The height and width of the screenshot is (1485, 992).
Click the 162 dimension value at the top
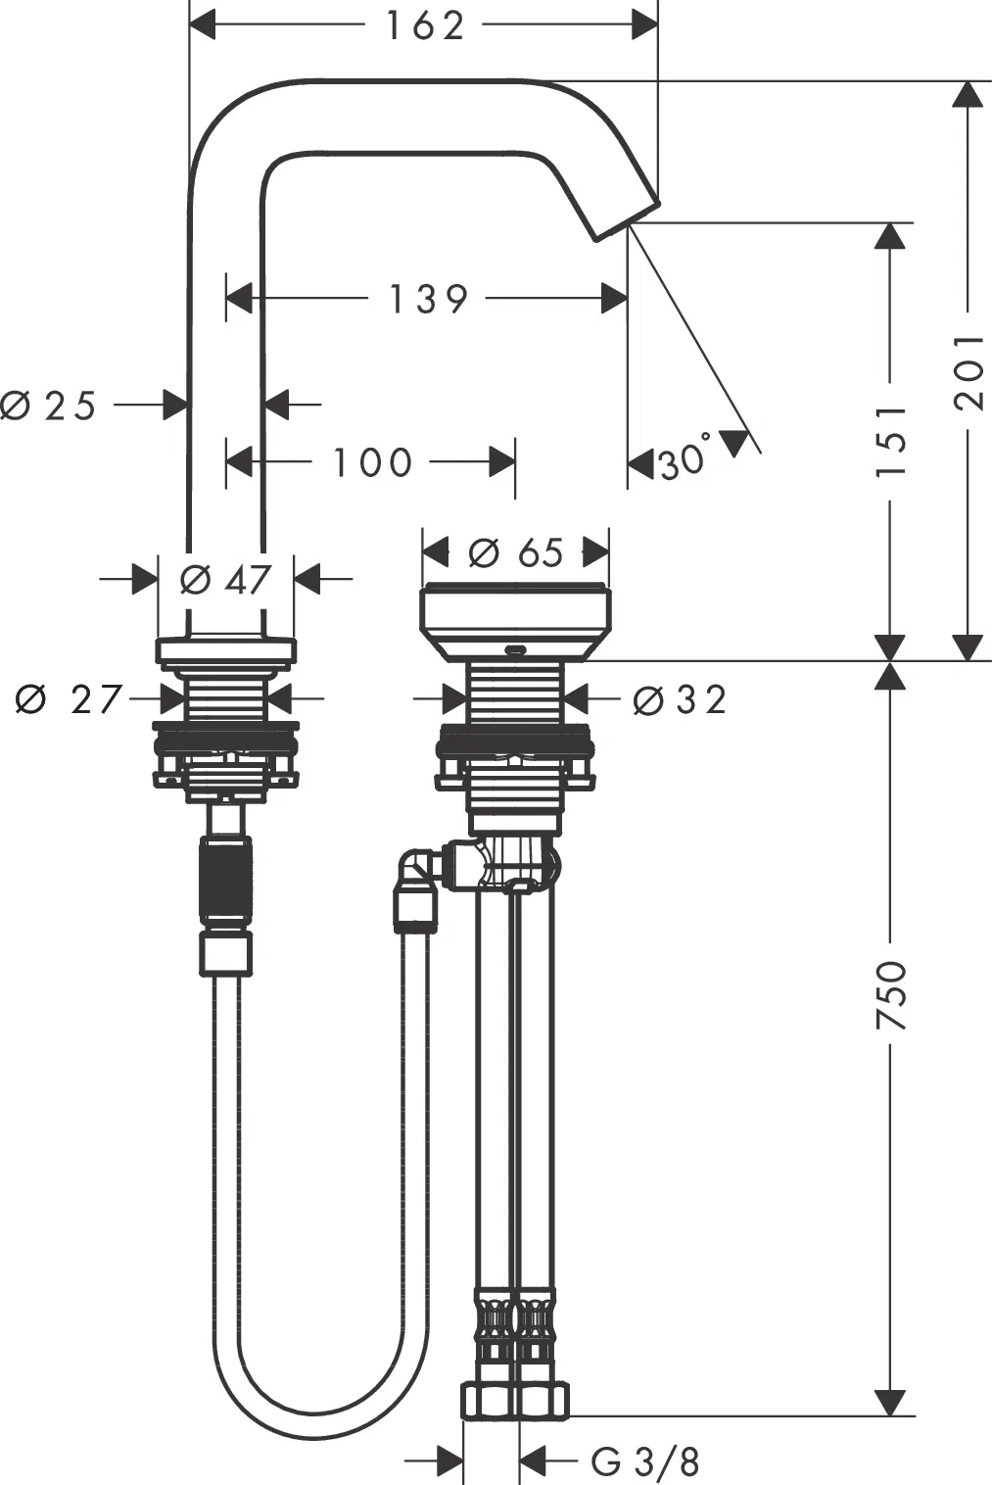coord(425,26)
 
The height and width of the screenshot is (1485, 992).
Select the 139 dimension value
coord(428,299)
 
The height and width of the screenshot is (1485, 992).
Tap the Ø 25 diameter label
coord(48,406)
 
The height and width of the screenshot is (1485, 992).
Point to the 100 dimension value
coord(372,462)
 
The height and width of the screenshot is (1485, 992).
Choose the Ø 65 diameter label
coord(516,552)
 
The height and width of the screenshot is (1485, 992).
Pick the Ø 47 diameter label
coord(226,580)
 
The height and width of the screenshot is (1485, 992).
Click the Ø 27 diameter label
coord(69,699)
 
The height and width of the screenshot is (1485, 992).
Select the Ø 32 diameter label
coord(680,699)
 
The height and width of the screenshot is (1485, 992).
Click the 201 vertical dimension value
coord(969,372)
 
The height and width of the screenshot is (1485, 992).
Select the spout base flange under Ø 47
coord(225,649)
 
